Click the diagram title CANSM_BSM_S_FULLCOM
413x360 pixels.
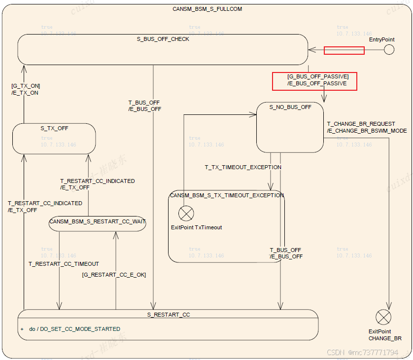coord(207,9)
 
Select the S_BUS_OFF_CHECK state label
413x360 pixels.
coord(163,39)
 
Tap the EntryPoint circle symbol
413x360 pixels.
coord(389,50)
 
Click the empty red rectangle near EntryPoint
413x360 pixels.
coord(344,50)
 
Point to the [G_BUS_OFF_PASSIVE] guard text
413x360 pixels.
coord(317,76)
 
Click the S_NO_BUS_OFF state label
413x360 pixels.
coord(290,107)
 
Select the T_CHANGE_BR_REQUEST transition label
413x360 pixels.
coord(361,124)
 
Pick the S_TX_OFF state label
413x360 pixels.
coord(54,128)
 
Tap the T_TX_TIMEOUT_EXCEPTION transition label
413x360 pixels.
coord(243,167)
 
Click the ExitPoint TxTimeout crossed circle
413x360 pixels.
coord(186,214)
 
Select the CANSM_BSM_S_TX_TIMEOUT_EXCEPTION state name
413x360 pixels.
coord(227,195)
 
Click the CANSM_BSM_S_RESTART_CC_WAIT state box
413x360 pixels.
coord(98,222)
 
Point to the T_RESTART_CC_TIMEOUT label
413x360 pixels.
coord(64,264)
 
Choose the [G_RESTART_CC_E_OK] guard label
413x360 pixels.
coord(114,275)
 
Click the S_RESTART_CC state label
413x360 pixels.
coord(168,314)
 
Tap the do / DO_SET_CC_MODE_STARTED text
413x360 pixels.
coord(74,329)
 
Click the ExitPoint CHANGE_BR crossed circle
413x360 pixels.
coord(383,317)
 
